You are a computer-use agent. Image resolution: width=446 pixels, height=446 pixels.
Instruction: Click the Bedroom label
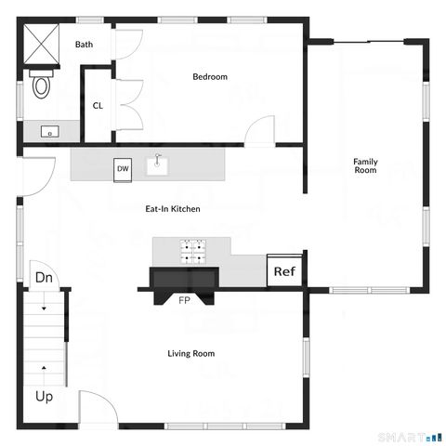click(x=210, y=77)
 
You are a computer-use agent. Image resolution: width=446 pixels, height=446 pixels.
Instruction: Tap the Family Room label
click(x=365, y=166)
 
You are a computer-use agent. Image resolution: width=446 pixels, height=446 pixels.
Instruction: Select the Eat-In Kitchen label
click(x=173, y=209)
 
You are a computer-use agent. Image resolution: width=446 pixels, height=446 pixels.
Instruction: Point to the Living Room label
click(x=191, y=353)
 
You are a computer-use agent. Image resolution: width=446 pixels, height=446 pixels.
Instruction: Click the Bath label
click(x=85, y=44)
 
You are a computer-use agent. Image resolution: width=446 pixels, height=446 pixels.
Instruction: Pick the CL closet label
click(x=98, y=105)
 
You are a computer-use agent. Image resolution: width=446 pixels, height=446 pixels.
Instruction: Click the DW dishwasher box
click(x=123, y=169)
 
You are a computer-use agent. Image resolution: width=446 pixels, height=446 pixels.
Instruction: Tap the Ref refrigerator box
click(x=284, y=272)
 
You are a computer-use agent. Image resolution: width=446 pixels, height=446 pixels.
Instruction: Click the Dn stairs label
click(x=43, y=277)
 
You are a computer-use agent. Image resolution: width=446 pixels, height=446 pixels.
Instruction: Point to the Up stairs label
click(x=44, y=397)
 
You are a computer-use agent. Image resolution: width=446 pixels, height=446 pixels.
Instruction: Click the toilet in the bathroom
click(x=42, y=85)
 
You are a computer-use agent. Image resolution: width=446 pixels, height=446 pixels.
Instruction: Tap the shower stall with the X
click(x=43, y=46)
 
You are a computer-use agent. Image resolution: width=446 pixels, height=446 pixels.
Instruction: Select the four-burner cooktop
click(x=193, y=249)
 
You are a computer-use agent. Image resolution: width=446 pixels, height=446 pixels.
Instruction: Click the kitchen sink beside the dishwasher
click(x=159, y=165)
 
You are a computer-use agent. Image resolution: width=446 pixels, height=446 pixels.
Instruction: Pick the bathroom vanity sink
click(x=46, y=132)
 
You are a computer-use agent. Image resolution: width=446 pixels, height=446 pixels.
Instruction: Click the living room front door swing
click(x=96, y=409)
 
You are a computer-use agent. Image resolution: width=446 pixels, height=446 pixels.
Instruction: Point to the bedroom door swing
click(x=261, y=131)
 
